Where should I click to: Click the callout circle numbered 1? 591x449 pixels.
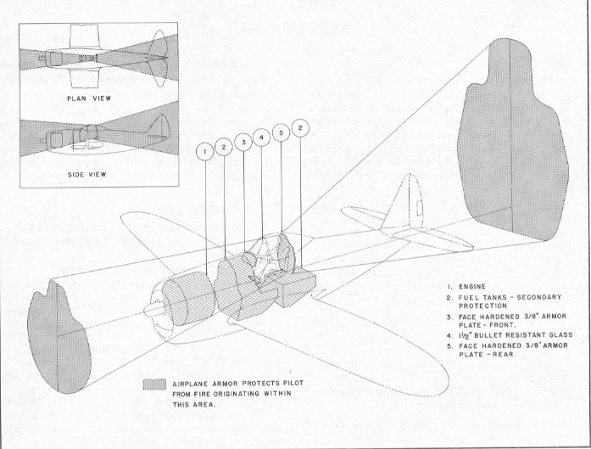click(x=204, y=152)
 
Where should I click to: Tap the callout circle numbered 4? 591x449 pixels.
click(x=263, y=136)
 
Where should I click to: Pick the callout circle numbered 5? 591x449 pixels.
click(x=282, y=133)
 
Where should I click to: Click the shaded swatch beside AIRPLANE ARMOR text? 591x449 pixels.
click(x=157, y=383)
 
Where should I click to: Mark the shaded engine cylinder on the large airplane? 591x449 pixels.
click(x=187, y=294)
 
